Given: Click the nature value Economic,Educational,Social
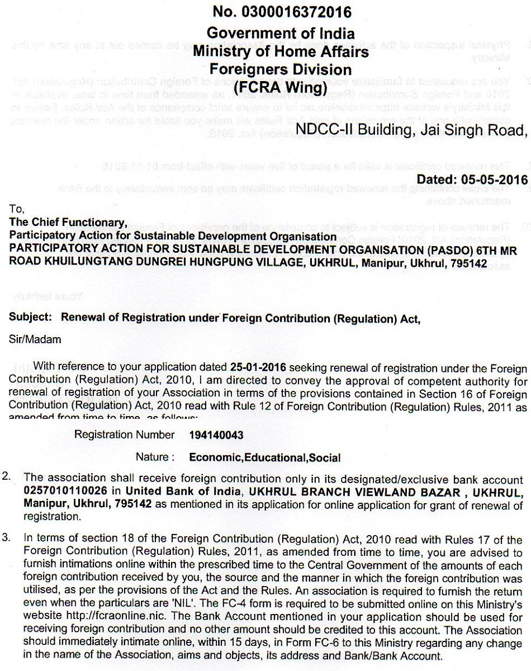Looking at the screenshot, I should click(265, 457).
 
